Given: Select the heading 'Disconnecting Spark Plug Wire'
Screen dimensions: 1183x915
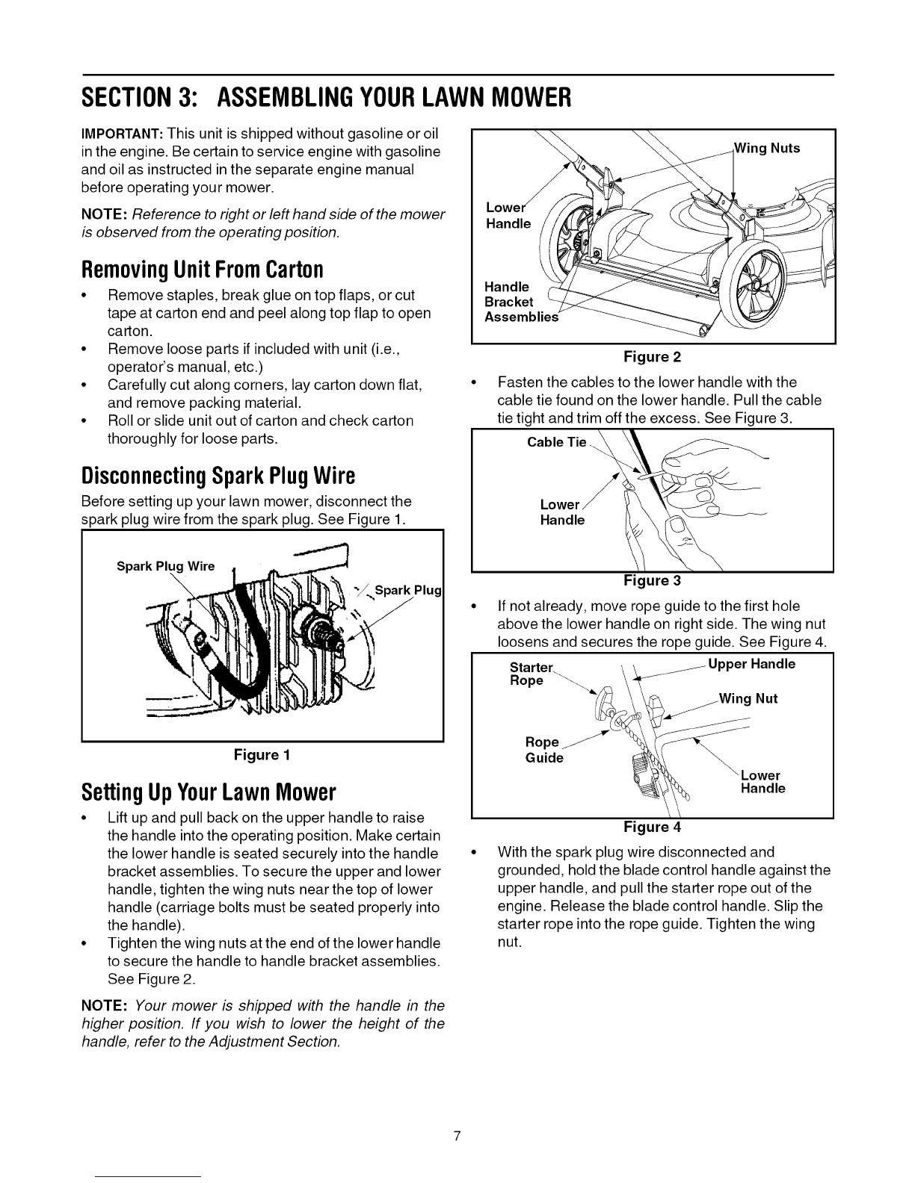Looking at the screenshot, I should point(218,476).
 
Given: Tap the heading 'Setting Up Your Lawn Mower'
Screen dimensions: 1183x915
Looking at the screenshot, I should point(208,791).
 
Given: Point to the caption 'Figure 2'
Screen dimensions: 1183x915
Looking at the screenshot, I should point(653,356).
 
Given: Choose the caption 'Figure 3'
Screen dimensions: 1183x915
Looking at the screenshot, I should point(653,580).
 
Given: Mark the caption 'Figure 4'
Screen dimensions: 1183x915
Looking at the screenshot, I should point(653,827).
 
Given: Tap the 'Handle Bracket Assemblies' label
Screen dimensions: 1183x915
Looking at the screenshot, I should point(520,302).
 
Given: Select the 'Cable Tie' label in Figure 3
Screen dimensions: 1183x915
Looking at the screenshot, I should point(557,442).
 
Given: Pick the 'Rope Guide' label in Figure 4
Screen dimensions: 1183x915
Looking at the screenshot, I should point(544,750).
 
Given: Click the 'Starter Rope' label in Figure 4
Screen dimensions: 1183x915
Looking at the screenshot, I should point(529,673).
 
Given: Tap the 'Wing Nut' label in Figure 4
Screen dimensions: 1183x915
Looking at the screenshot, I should point(748,699).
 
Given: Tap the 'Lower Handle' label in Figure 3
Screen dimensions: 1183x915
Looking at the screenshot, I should point(561,512).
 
